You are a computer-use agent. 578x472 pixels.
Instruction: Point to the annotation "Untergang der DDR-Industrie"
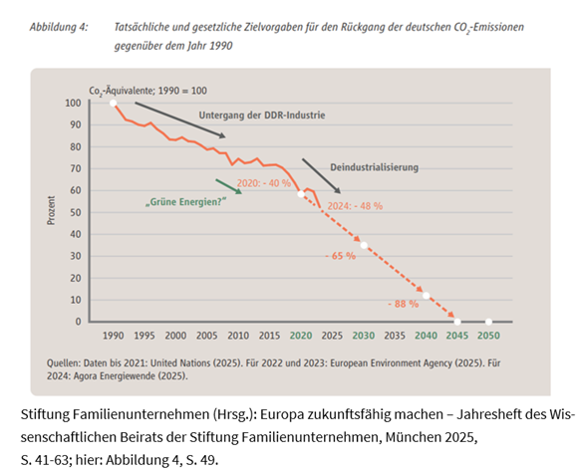[x=264, y=115]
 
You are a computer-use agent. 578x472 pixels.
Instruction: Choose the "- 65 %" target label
[x=341, y=256]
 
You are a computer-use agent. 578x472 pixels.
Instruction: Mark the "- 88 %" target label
[x=403, y=302]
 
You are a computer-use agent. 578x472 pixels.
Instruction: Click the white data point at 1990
[x=114, y=103]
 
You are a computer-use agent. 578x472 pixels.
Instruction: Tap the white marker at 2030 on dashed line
[x=364, y=245]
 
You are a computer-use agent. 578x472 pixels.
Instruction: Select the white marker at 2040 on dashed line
[x=427, y=296]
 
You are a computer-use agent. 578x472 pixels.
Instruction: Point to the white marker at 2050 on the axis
[x=488, y=322]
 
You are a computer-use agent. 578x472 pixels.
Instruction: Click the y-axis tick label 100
[x=73, y=103]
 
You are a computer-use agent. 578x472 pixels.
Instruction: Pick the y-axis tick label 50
[x=76, y=212]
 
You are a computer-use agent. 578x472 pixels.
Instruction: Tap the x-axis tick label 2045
[x=457, y=337]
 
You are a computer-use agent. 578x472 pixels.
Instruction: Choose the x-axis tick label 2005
[x=207, y=337]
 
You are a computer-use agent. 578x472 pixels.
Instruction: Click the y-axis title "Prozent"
[x=51, y=211]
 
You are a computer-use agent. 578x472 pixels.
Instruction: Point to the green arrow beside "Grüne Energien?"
[x=230, y=186]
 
